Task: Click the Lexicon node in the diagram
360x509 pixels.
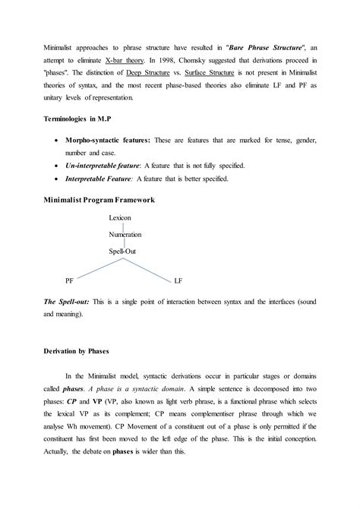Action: click(119, 218)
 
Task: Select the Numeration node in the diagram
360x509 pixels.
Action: click(125, 235)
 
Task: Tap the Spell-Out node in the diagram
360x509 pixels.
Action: click(124, 251)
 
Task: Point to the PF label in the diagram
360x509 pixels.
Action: click(69, 280)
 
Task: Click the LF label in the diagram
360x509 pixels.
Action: click(178, 280)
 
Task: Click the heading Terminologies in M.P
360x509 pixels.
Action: click(77, 120)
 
